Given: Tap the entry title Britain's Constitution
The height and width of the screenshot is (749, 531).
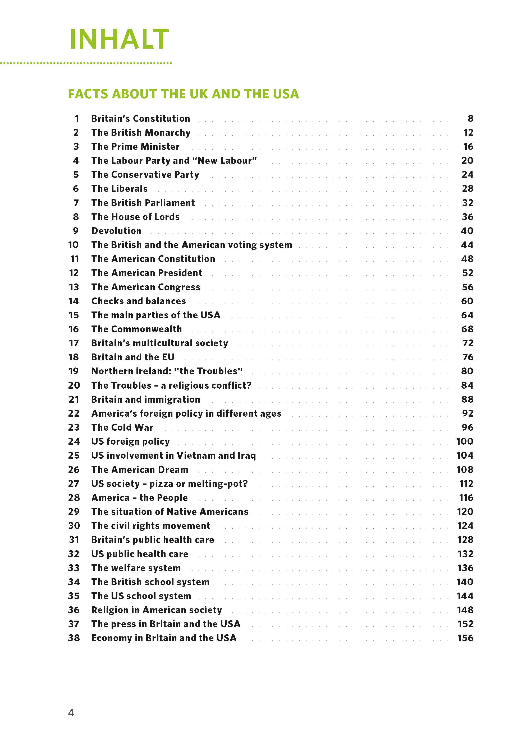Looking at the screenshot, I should tap(141, 119).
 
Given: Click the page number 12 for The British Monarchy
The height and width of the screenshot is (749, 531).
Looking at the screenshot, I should tap(468, 133).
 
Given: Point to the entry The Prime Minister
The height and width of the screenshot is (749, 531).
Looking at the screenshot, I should tap(135, 147).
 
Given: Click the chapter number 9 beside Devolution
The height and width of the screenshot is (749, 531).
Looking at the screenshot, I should tap(76, 231).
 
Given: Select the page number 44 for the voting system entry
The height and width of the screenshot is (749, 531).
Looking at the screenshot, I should tap(467, 245).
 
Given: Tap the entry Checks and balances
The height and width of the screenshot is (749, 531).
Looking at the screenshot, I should tap(139, 301).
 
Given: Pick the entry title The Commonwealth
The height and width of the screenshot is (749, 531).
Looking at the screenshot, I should tap(136, 329).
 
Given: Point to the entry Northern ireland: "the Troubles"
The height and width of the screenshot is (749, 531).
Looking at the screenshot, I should tap(167, 371).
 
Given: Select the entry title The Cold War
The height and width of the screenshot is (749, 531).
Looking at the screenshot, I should tap(122, 427).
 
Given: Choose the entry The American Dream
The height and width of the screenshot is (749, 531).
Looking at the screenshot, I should tap(140, 470).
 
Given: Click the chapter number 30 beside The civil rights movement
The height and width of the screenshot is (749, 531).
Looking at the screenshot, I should tap(74, 526).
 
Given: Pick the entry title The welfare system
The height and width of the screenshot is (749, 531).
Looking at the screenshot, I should tap(136, 568).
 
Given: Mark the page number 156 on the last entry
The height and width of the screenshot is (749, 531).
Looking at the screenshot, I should tap(465, 638).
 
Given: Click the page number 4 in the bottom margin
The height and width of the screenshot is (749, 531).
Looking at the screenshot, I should tap(71, 713).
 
